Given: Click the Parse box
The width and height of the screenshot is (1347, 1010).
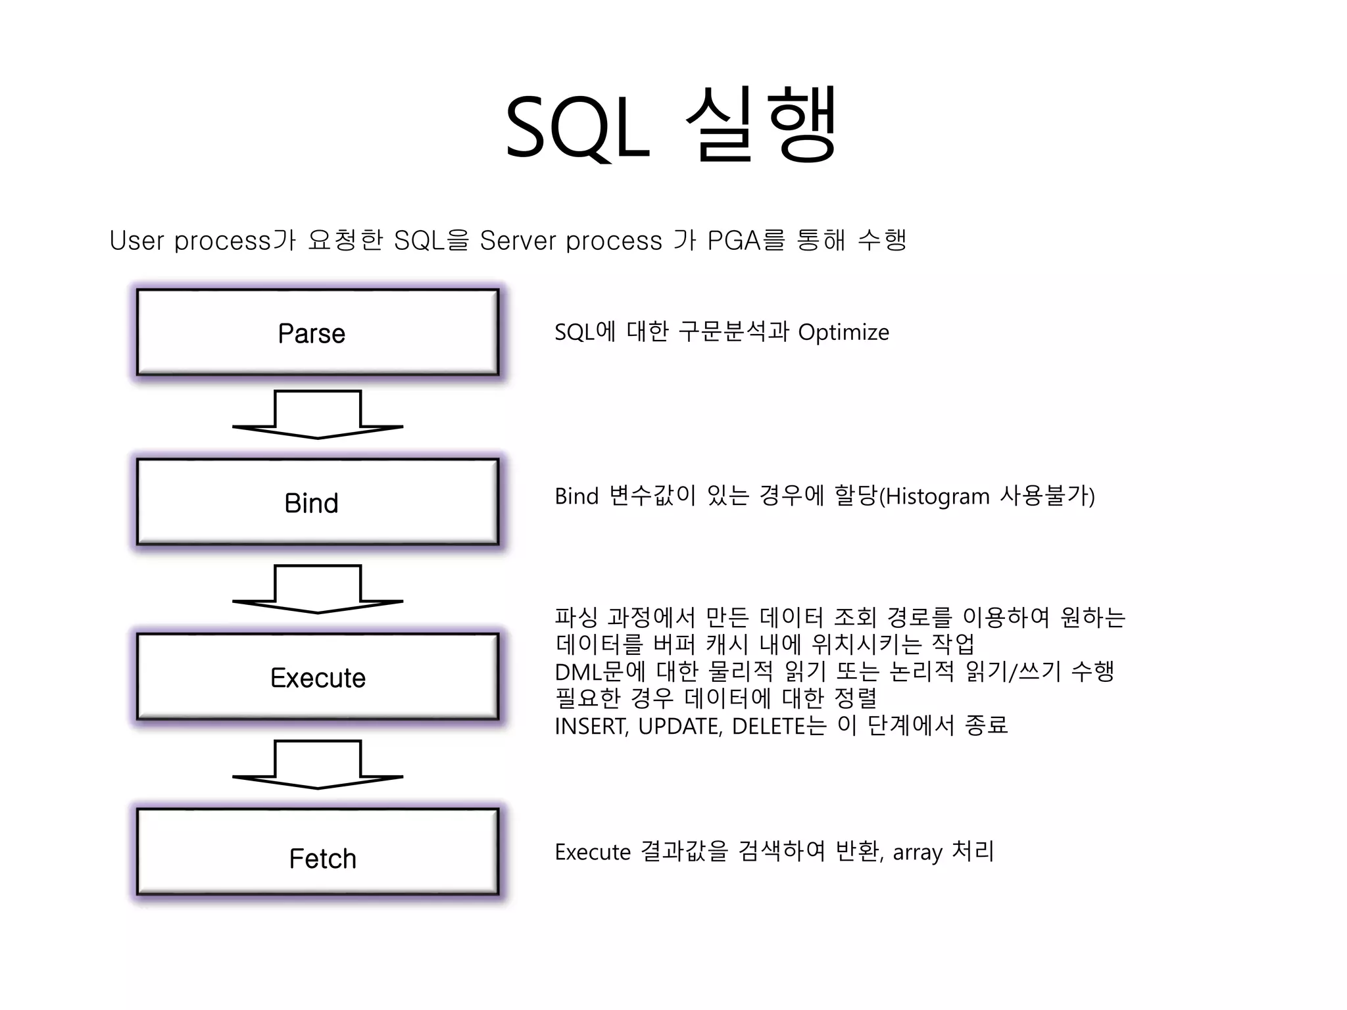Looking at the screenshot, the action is (318, 333).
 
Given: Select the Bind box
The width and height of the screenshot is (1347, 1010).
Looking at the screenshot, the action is (318, 502).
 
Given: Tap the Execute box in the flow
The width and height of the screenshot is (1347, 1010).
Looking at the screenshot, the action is (318, 677).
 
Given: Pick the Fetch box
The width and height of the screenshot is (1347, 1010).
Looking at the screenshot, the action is (318, 852).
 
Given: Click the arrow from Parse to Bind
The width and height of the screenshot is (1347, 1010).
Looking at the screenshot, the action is (318, 415).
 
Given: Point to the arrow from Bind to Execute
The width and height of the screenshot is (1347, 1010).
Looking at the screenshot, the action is (318, 589).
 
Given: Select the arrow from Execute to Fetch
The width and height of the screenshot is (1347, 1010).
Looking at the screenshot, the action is (318, 765).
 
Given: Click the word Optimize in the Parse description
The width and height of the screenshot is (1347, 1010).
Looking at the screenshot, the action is (843, 333).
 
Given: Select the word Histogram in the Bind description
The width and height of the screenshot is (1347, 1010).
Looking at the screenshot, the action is (938, 496).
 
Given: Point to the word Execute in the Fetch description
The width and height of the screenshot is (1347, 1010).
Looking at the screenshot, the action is (593, 853).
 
